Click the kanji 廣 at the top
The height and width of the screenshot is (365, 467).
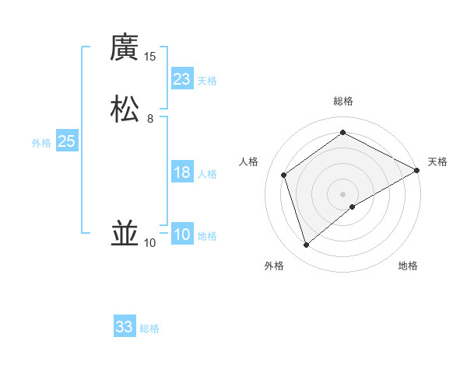(x=125, y=47)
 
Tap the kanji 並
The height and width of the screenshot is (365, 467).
(x=125, y=233)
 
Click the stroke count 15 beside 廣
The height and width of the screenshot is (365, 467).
(x=150, y=56)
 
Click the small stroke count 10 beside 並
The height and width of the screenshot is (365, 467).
(x=150, y=243)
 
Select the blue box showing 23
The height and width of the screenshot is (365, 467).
(x=182, y=79)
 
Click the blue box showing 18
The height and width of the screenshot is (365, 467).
(x=182, y=172)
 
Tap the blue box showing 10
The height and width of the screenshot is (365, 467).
(x=182, y=235)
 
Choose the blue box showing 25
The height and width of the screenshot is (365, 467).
(x=66, y=141)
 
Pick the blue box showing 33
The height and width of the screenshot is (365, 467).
(x=125, y=327)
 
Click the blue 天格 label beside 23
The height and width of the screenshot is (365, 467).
(x=207, y=81)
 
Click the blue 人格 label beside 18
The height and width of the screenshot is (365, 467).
(x=207, y=174)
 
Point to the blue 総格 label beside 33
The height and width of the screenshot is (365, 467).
(x=149, y=328)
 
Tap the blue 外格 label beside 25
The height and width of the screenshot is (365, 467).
(x=41, y=143)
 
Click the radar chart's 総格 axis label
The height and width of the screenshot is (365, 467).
(x=343, y=101)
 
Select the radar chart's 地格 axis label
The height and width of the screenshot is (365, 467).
(x=408, y=266)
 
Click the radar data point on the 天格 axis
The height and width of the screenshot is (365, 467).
(x=417, y=171)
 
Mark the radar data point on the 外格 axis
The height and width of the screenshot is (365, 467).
(x=306, y=245)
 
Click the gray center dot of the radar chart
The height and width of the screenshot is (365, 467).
(x=343, y=193)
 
